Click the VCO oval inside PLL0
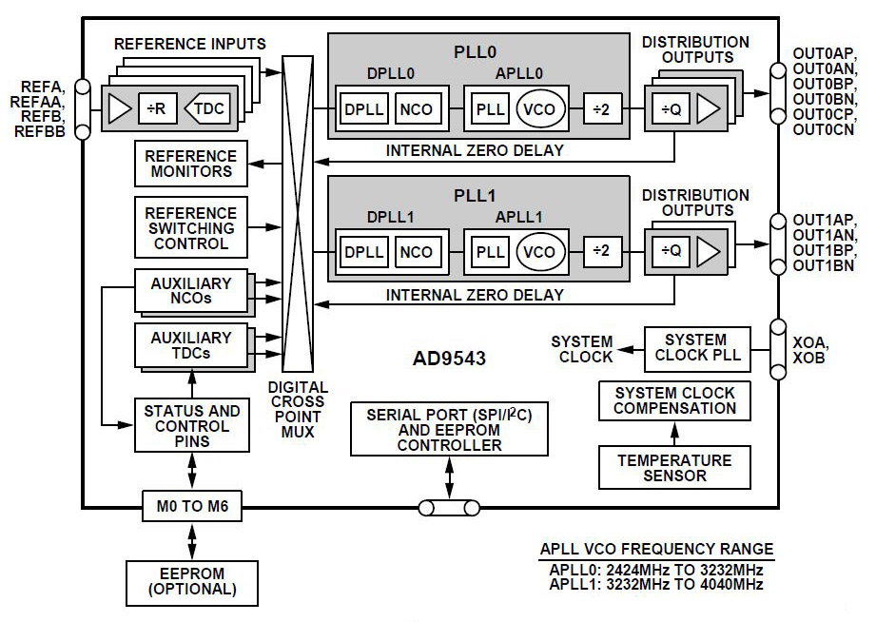point(539,108)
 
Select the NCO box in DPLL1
point(416,252)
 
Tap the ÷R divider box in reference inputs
point(158,108)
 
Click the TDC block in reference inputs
point(207,108)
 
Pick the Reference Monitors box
point(190,165)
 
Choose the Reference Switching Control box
point(190,228)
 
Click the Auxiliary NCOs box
point(190,291)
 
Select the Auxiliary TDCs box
point(190,344)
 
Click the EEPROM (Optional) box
point(191,581)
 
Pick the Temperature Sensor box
point(674,468)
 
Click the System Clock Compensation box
point(674,400)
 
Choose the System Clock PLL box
point(695,348)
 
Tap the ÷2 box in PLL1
point(601,252)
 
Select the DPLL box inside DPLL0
point(364,108)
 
